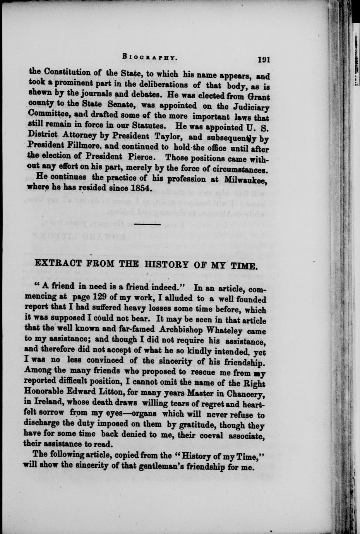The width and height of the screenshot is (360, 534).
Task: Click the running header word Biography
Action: [149, 57]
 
